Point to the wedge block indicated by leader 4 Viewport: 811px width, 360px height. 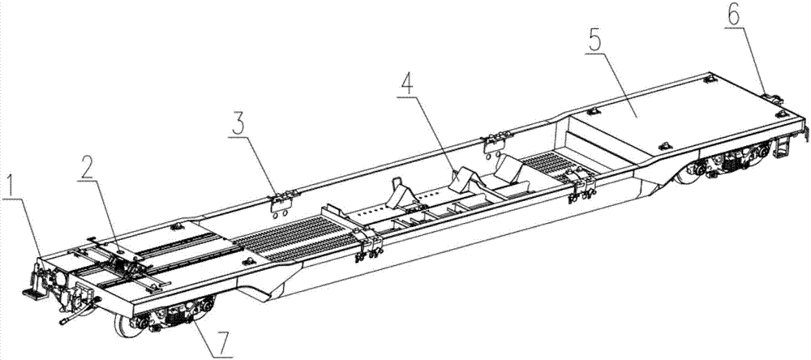[x=466, y=178]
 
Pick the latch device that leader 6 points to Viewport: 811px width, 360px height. [x=772, y=97]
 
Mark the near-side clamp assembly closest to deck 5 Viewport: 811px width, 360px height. [x=581, y=186]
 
